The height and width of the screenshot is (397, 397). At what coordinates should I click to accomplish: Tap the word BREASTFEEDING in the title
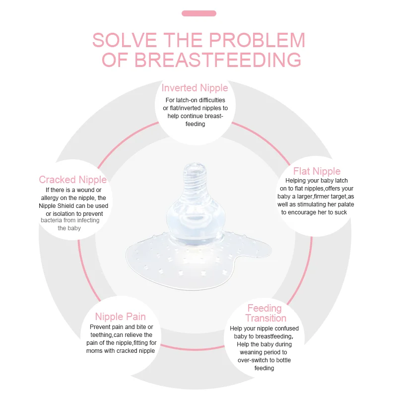click(218, 60)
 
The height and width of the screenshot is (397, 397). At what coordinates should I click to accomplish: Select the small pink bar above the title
click(198, 13)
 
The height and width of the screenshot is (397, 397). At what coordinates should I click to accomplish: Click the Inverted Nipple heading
click(195, 88)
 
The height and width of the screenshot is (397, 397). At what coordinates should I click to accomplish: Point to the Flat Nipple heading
click(317, 172)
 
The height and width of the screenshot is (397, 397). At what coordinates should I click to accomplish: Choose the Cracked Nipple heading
click(73, 180)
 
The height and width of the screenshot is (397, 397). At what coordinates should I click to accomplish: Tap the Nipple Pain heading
click(120, 317)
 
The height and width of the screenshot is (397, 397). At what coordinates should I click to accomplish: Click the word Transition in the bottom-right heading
click(265, 318)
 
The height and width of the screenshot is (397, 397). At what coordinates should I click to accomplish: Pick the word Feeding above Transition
click(265, 308)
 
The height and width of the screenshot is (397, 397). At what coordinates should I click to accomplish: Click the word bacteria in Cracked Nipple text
click(52, 220)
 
